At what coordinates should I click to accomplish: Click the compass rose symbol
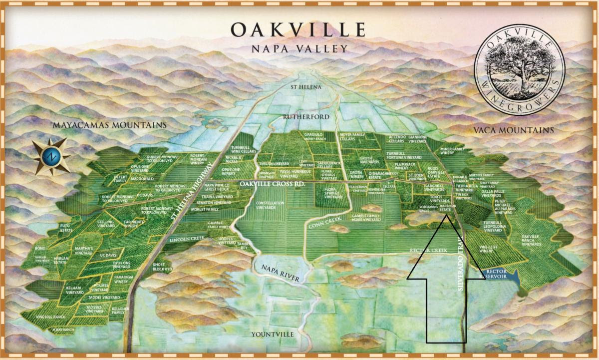pyautogui.click(x=51, y=157)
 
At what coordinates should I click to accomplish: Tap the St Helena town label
pyautogui.click(x=306, y=87)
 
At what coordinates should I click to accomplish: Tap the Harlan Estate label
pyautogui.click(x=61, y=261)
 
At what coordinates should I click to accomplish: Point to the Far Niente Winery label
pyautogui.click(x=131, y=224)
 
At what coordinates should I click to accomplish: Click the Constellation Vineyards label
pyautogui.click(x=270, y=205)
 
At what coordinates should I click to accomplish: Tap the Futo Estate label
pyautogui.click(x=66, y=228)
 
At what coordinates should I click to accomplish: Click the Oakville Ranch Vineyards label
pyautogui.click(x=531, y=240)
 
